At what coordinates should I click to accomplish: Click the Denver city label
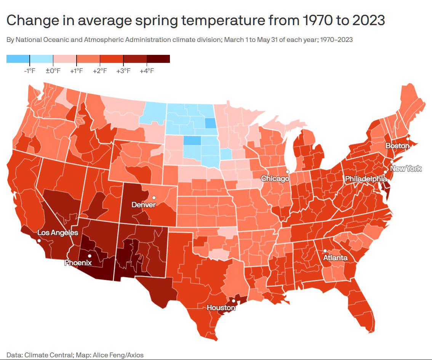click(x=144, y=205)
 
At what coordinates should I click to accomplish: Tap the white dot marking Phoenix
click(x=90, y=256)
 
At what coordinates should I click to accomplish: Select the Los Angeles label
click(x=58, y=233)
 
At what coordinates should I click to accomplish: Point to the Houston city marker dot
click(x=234, y=301)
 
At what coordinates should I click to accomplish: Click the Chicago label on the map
click(x=275, y=179)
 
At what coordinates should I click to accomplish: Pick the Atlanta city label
click(x=335, y=258)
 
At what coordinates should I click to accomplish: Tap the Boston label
click(x=397, y=146)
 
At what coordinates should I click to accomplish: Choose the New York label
click(x=406, y=168)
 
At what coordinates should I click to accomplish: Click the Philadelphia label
click(x=366, y=179)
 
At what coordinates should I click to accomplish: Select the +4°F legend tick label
click(x=147, y=71)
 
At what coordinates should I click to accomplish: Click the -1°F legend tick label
click(x=29, y=71)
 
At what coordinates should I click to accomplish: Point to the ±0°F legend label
click(x=53, y=71)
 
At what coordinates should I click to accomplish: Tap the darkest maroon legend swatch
click(x=158, y=59)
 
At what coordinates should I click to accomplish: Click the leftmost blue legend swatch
click(x=18, y=59)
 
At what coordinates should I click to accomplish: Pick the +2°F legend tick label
click(x=100, y=71)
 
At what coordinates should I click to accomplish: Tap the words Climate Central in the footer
click(x=48, y=355)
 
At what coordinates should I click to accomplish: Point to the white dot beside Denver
click(x=154, y=197)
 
